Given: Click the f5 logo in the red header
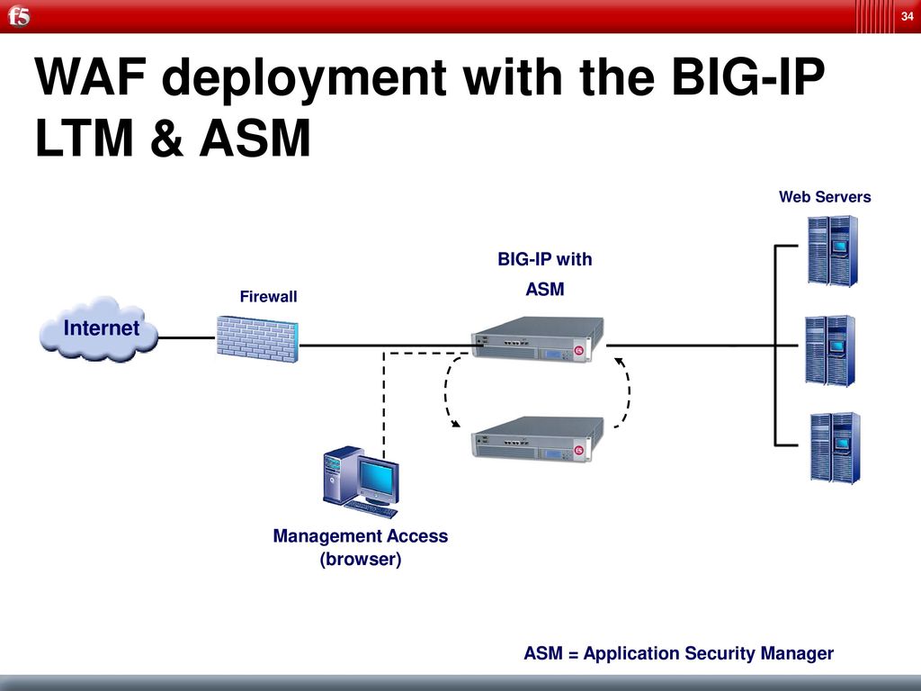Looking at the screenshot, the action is point(19,16).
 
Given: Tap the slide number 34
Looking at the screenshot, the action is point(907,17).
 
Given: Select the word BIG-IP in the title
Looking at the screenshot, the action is point(747,76).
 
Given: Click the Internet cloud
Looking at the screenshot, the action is point(99,329).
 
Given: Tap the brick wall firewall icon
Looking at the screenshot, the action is point(257,339).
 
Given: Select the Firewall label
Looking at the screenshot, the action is point(268,296).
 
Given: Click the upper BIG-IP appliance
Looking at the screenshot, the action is point(538,339).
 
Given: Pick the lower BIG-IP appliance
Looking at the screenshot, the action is point(538,439).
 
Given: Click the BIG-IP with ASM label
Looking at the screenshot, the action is point(544,274).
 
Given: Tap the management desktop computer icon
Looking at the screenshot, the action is point(361,482).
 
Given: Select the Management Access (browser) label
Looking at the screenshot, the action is point(361,547).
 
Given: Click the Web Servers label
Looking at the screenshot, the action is point(825,197).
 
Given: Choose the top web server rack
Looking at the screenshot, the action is point(832,251).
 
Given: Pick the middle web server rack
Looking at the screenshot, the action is point(830,350).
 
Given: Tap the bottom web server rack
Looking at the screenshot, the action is point(835,448).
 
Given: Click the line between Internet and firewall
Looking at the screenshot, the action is point(187,338).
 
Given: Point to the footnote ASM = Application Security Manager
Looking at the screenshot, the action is point(678,653).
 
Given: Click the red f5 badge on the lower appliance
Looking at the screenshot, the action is point(578,451).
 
